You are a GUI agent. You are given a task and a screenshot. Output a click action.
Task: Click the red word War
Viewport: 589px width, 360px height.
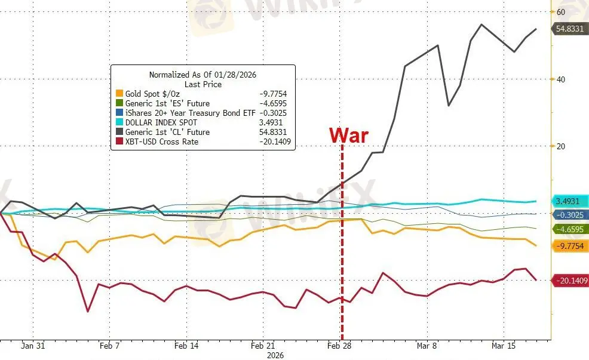tap(349, 135)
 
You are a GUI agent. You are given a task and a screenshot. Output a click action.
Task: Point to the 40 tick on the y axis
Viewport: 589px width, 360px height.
tap(561, 79)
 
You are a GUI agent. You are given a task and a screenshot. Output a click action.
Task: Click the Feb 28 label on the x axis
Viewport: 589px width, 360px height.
tap(339, 346)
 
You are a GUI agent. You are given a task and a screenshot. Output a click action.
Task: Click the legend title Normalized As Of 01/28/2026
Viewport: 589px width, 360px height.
tap(203, 75)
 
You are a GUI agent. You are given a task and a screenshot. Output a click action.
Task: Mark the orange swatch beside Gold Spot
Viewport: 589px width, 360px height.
tap(119, 94)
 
